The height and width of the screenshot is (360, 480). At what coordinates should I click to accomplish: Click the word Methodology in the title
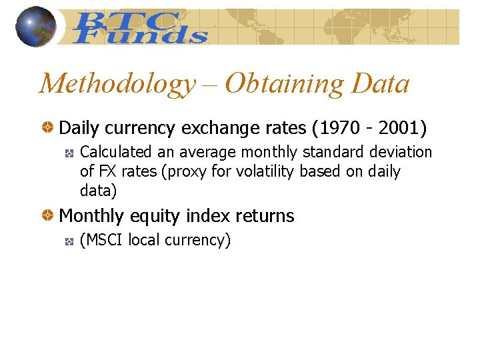117,84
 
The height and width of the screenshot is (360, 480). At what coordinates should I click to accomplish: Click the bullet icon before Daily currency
48,127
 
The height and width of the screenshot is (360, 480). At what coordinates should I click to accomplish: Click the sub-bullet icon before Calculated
68,153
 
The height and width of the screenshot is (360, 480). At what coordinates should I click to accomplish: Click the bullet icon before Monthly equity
48,216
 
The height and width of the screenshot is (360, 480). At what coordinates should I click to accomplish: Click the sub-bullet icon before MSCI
68,241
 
